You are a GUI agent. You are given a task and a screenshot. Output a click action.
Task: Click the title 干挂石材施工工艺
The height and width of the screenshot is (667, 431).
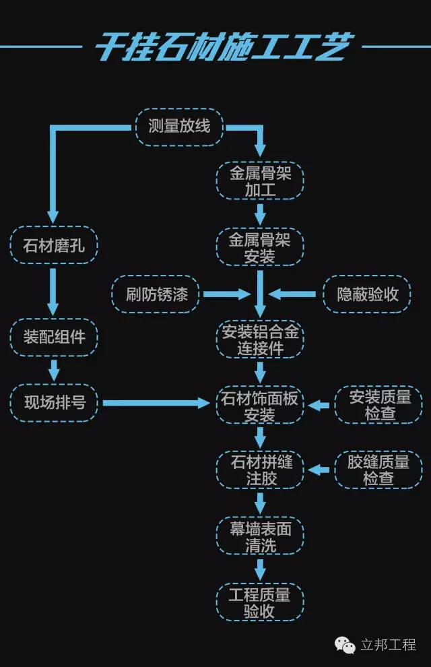pyautogui.click(x=222, y=48)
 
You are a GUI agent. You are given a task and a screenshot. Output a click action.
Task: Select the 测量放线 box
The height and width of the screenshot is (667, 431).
pyautogui.click(x=179, y=126)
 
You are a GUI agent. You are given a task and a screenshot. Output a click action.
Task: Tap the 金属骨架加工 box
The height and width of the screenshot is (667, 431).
pyautogui.click(x=260, y=182)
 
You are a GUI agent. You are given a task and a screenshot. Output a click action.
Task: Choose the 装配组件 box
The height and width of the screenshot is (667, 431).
pyautogui.click(x=54, y=337)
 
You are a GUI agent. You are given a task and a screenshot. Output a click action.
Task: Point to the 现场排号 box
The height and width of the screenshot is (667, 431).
pyautogui.click(x=54, y=403)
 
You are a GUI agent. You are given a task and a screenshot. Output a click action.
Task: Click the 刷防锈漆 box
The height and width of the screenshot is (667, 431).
pyautogui.click(x=156, y=294)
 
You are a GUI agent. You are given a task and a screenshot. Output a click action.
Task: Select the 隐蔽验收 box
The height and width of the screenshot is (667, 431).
pyautogui.click(x=367, y=294)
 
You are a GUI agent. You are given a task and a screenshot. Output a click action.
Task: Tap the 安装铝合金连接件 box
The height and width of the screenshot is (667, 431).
pyautogui.click(x=260, y=340)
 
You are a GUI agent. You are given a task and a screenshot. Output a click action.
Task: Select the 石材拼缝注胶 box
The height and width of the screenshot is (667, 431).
pyautogui.click(x=260, y=470)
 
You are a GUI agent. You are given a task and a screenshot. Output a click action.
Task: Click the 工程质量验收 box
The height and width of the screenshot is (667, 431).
pyautogui.click(x=260, y=602)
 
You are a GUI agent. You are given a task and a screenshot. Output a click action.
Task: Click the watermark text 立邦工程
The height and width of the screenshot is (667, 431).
pyautogui.click(x=388, y=645)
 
